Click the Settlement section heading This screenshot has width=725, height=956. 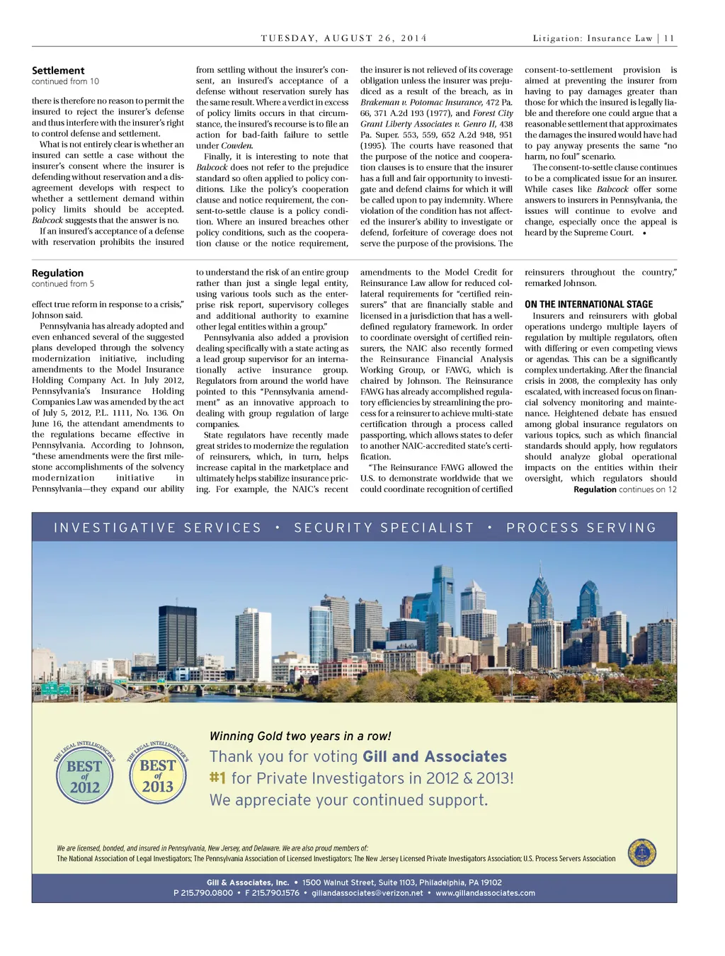tap(58, 71)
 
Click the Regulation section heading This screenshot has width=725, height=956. tap(57, 273)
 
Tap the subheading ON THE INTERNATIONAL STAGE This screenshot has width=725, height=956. tap(588, 305)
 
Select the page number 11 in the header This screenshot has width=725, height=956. tap(669, 38)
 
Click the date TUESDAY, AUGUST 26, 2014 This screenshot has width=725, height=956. tap(344, 38)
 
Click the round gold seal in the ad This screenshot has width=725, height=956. tap(641, 853)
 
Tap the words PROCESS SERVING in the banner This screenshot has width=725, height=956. tap(581, 528)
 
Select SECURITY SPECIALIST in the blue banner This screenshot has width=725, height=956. tap(384, 528)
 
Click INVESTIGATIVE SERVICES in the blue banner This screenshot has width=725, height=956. tap(158, 528)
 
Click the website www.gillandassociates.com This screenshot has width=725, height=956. tap(485, 893)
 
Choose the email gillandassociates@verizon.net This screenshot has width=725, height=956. tap(367, 893)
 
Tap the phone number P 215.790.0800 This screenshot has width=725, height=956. tap(203, 893)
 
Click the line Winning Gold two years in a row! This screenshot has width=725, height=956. tap(300, 736)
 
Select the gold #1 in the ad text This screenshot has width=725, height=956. tap(217, 778)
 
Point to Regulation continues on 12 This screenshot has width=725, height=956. tap(624, 489)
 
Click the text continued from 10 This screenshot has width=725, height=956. tap(65, 81)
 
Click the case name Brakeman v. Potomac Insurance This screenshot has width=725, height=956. tap(421, 103)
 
